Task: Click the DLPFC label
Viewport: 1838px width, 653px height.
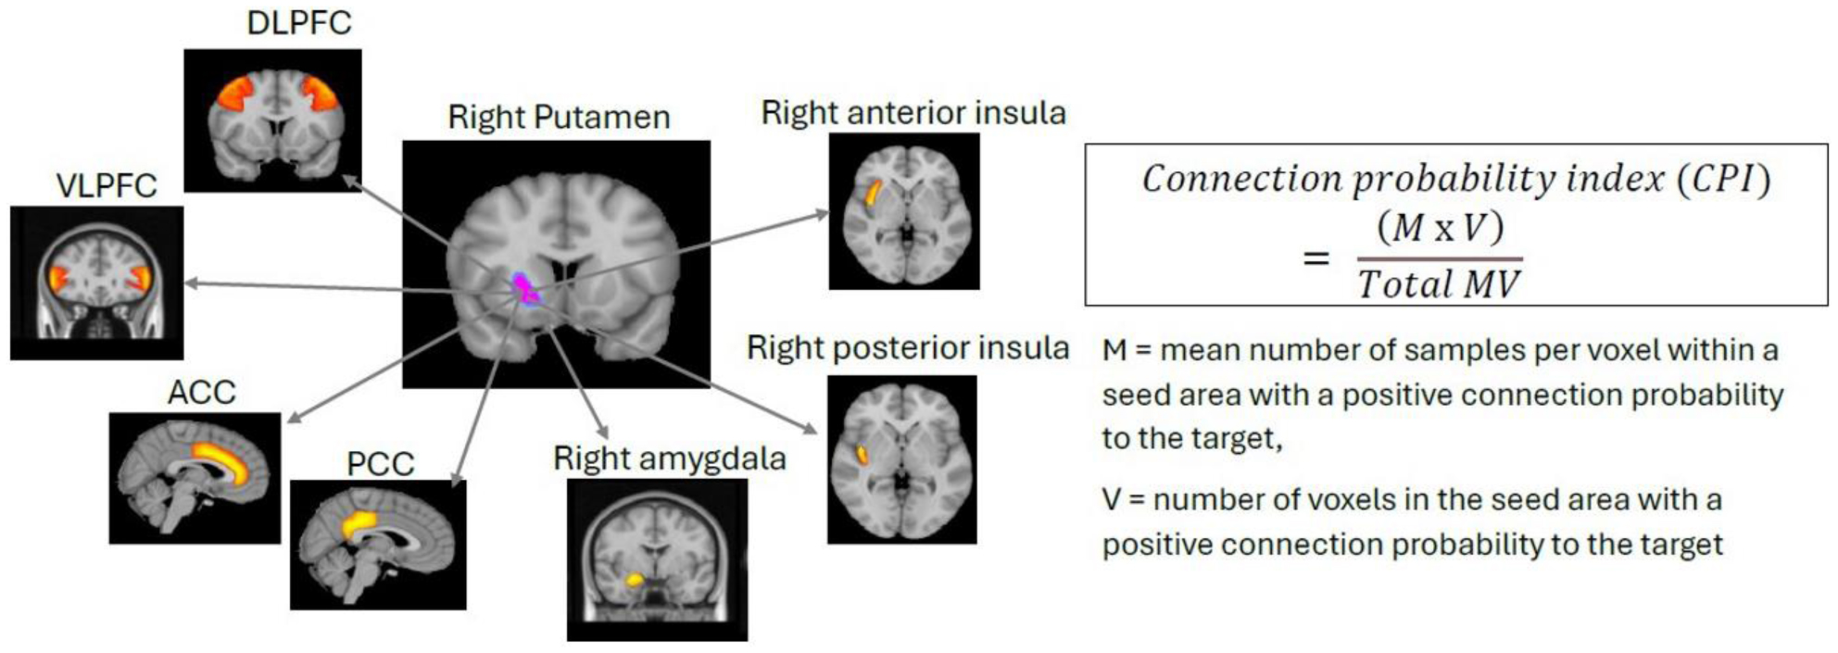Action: tap(298, 22)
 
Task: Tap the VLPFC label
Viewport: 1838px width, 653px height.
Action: tap(107, 185)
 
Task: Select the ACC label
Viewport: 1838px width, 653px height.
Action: tap(201, 392)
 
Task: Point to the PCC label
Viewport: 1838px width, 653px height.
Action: tap(380, 463)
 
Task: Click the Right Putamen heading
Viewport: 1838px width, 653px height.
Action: tap(559, 118)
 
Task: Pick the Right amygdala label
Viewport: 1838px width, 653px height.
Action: tap(669, 458)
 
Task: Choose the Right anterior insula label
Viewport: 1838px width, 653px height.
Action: tap(913, 113)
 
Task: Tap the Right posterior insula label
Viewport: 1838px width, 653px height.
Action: tap(908, 348)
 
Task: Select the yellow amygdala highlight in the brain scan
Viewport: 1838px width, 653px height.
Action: tap(635, 580)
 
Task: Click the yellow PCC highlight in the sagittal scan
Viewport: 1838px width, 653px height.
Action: tap(360, 524)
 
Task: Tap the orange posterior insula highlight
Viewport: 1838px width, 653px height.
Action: tap(862, 454)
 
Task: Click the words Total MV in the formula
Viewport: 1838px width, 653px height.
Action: tap(1439, 283)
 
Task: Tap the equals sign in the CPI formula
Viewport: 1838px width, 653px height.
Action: tap(1316, 258)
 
